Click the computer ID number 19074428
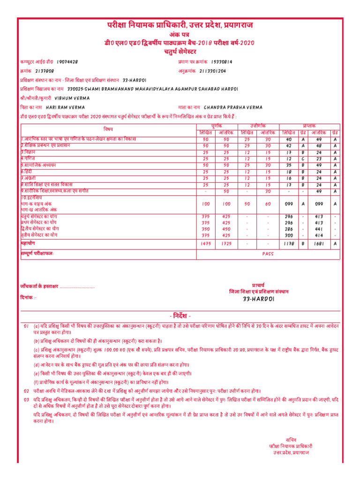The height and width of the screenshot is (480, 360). point(67,62)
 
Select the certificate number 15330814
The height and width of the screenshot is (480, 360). point(222,62)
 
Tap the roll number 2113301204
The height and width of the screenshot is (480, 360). point(212,71)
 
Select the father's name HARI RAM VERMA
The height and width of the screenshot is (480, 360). point(65,107)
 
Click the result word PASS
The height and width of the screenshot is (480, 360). point(268,254)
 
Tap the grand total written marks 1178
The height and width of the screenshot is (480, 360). point(288,244)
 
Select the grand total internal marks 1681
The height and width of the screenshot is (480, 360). point(318,244)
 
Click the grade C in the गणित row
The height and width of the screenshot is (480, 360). point(303,159)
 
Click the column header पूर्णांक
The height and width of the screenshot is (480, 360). point(217,127)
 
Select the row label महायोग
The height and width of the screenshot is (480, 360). point(28,244)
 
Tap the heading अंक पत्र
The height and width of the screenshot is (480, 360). point(180,34)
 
